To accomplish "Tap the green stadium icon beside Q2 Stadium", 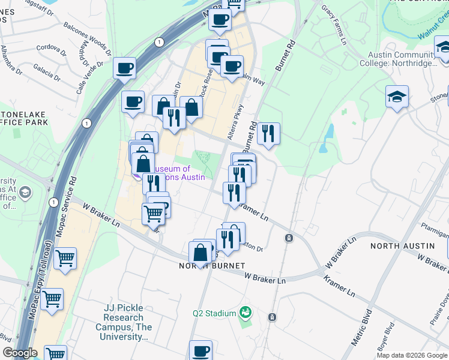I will (x=245, y=312).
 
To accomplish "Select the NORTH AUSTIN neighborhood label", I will (x=402, y=246).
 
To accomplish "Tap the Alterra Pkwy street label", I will (x=235, y=123).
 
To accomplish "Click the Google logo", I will (x=20, y=353).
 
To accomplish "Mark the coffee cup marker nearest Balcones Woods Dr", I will (x=125, y=68).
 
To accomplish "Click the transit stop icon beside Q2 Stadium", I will (x=272, y=317).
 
